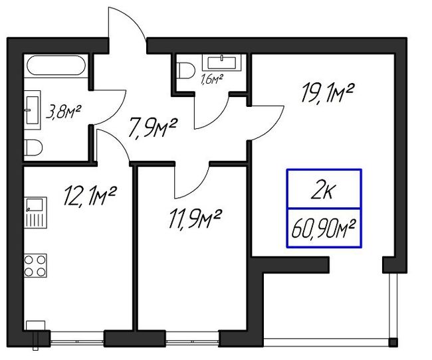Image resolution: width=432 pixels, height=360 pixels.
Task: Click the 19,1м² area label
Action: coord(327,94)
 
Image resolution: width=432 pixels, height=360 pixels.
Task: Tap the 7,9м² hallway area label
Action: coord(152,128)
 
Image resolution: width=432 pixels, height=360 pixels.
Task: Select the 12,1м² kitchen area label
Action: coord(90,195)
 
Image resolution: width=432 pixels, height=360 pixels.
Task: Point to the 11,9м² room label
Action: coord(195,219)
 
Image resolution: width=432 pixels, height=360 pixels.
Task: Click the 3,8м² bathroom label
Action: coord(63,112)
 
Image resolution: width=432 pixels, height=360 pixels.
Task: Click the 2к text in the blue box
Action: coord(323,190)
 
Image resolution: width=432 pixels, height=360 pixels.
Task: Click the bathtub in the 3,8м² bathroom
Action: coord(56,65)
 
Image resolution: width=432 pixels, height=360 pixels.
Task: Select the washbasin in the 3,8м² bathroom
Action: coord(33,110)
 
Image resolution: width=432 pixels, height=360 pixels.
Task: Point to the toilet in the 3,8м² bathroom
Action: coord(33,148)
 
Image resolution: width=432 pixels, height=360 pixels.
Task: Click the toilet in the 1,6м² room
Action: coord(185,70)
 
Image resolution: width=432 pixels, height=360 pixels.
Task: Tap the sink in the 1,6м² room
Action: coord(222,62)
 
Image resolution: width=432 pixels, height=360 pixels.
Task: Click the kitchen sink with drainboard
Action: coord(35,212)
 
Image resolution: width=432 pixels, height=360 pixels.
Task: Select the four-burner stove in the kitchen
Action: coord(35,266)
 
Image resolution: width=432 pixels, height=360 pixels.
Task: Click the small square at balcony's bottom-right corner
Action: coord(393,342)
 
